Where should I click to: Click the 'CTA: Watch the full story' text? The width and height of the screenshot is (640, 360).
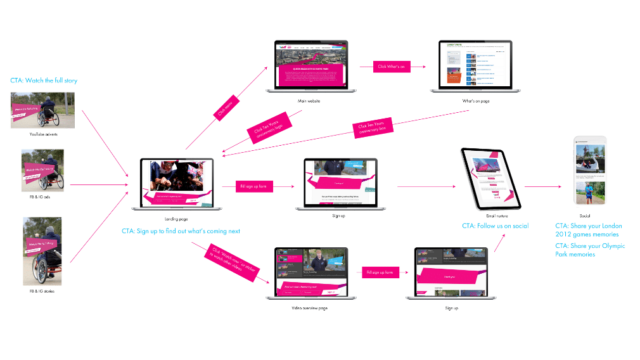pos(44,80)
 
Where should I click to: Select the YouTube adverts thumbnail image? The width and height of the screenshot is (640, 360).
pos(43,110)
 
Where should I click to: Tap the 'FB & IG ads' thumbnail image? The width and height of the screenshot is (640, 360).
pos(42,169)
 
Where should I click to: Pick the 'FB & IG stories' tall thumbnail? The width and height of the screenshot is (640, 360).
pos(42,249)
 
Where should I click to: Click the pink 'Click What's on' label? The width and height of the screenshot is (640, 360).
pos(391,66)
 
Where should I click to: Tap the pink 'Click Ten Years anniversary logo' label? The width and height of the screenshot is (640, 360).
pos(268,129)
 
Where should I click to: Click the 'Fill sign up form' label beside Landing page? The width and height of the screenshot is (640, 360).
pos(254,186)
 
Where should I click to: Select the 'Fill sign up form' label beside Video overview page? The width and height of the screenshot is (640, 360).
pos(380,273)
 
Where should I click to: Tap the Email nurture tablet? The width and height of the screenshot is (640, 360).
pos(491,179)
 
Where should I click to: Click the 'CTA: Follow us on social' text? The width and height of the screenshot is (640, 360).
pos(495,226)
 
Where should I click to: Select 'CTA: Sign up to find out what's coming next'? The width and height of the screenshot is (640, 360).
pos(181,231)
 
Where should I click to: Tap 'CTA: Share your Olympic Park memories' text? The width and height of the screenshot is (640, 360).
pos(590,250)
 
